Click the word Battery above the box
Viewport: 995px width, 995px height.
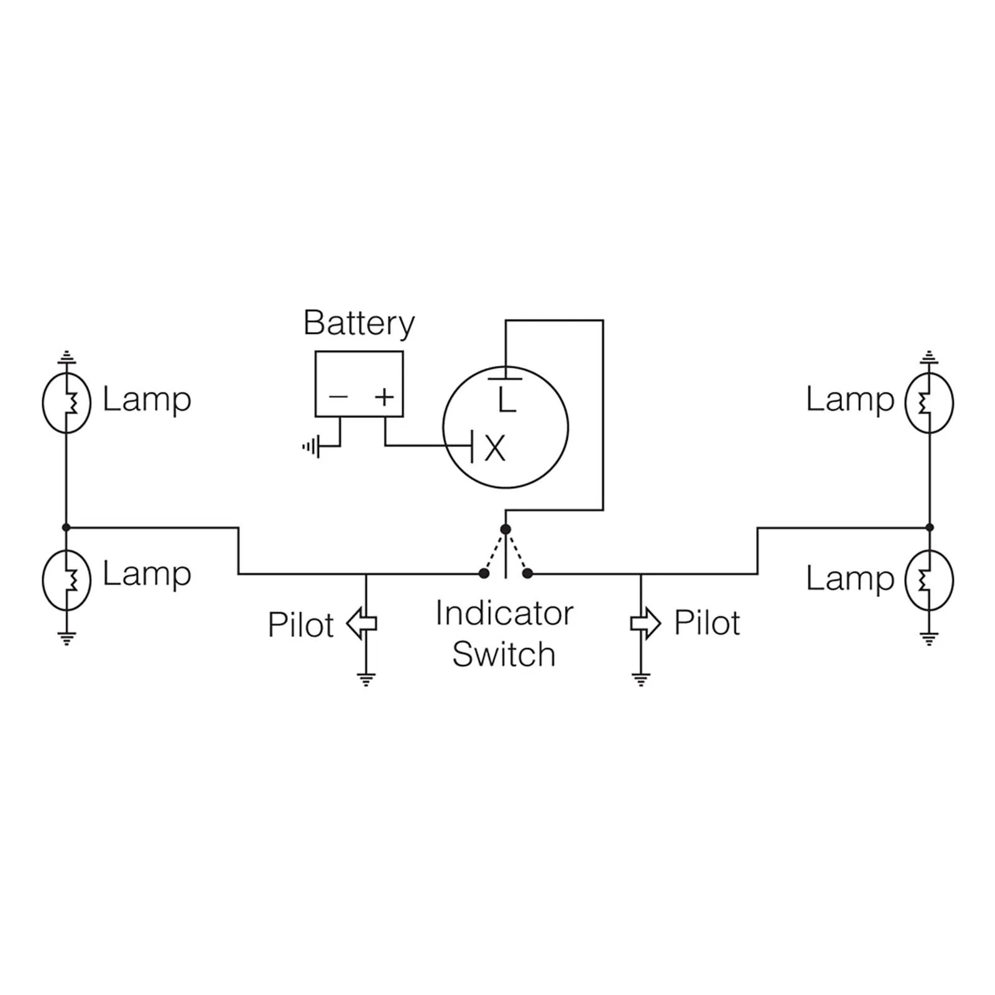359,324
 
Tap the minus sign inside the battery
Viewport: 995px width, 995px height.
338,396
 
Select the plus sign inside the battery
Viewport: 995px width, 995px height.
385,396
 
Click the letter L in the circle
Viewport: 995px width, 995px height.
507,400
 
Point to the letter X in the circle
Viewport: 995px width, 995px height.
495,448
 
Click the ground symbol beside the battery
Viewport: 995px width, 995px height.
311,446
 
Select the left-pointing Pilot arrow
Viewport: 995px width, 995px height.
361,624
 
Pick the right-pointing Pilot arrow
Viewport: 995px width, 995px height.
646,623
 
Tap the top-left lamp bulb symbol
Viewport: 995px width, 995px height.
67,403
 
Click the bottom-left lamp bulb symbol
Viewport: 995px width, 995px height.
67,580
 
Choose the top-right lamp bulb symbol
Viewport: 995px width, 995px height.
929,403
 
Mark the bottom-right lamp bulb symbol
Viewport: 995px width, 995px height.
929,580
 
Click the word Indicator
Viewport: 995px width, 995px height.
504,614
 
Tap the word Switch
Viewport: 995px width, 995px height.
504,654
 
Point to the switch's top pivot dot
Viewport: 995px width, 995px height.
506,529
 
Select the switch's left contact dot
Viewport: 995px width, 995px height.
484,573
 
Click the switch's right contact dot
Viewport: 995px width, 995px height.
527,573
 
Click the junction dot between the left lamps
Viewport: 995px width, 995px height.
67,527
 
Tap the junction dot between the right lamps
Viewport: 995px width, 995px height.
930,527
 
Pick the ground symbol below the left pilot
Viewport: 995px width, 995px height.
366,679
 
